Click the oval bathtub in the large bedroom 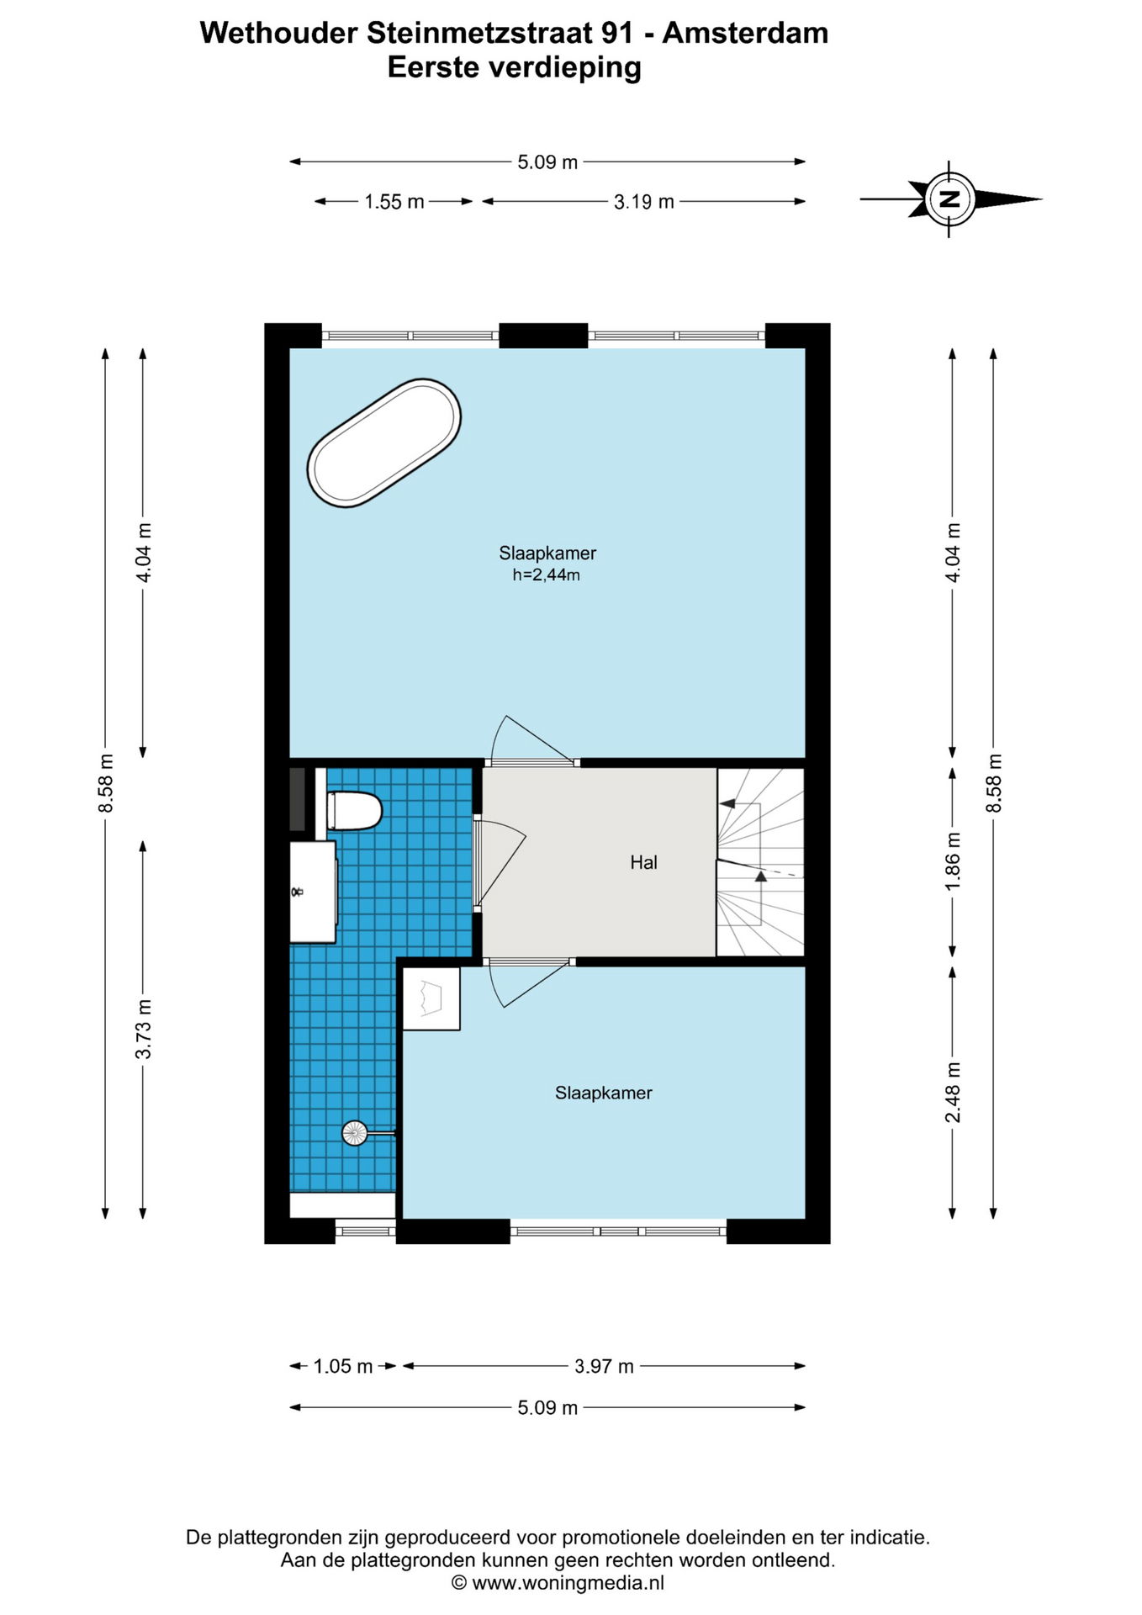tap(383, 443)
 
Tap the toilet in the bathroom tap(354, 811)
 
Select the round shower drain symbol tap(355, 1133)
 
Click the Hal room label tap(643, 862)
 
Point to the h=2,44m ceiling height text tap(547, 575)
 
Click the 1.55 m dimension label tap(394, 202)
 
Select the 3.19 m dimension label tap(644, 202)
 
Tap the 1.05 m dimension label tap(343, 1366)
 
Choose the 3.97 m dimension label tap(604, 1366)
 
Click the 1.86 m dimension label tap(953, 862)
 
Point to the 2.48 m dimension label tap(953, 1093)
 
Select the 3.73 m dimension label tap(144, 1030)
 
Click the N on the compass tap(950, 199)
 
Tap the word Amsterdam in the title tap(745, 33)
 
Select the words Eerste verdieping tap(514, 66)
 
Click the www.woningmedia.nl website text tap(568, 1583)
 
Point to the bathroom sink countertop tap(313, 892)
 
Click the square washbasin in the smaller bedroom tap(431, 998)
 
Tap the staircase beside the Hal tap(760, 862)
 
